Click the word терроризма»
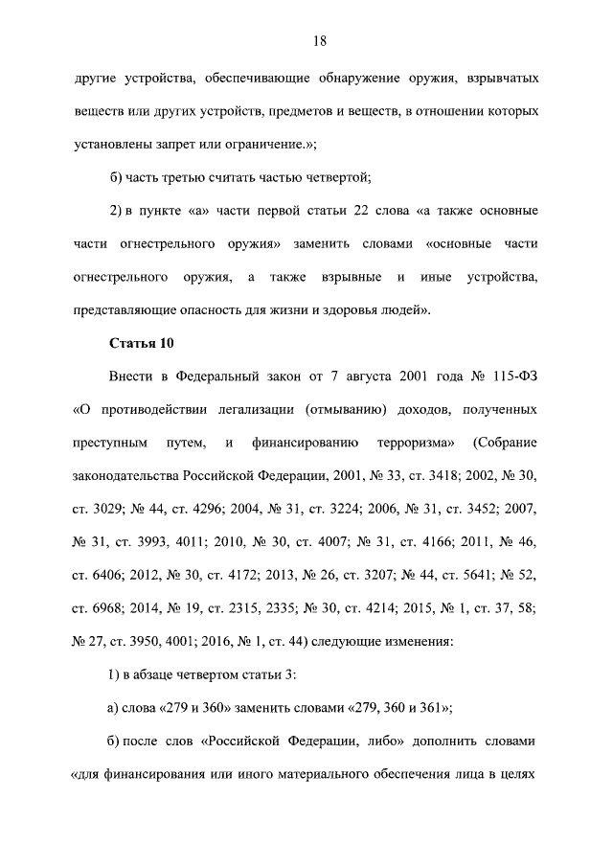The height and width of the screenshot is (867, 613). pos(422,444)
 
